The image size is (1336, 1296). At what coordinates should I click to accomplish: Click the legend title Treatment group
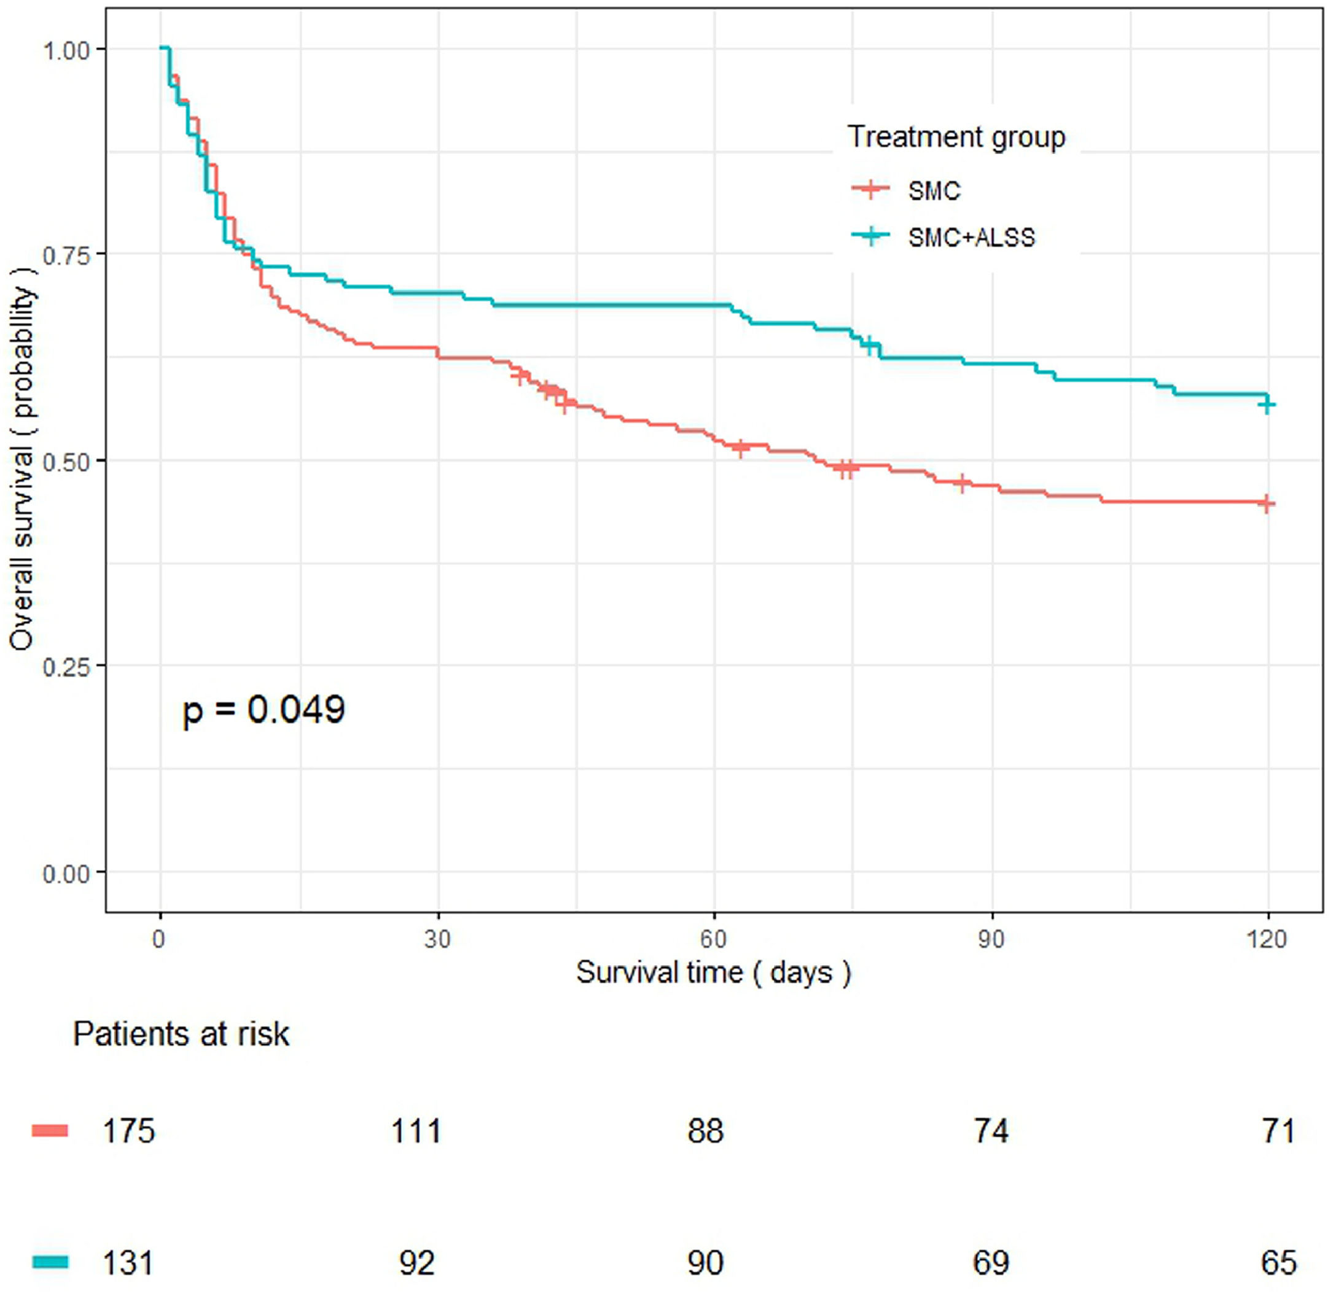pyautogui.click(x=956, y=137)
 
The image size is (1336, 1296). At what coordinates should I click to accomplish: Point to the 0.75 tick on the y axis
pyautogui.click(x=66, y=255)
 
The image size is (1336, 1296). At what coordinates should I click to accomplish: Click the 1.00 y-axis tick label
pyautogui.click(x=66, y=50)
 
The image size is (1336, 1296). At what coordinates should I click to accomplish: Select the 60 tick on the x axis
pyautogui.click(x=714, y=940)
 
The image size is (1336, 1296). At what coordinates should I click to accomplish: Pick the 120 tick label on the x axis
pyautogui.click(x=1267, y=940)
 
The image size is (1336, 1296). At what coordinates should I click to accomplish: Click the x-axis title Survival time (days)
pyautogui.click(x=714, y=972)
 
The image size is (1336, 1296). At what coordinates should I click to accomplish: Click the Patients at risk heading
pyautogui.click(x=181, y=1034)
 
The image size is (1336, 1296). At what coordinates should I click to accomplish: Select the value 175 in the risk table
pyautogui.click(x=129, y=1132)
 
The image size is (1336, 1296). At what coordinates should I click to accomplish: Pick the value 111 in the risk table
pyautogui.click(x=416, y=1132)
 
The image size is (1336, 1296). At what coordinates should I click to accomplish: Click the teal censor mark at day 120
pyautogui.click(x=1267, y=405)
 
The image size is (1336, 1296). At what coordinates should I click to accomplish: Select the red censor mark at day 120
pyautogui.click(x=1267, y=503)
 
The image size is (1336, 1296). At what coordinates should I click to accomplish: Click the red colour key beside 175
pyautogui.click(x=50, y=1131)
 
